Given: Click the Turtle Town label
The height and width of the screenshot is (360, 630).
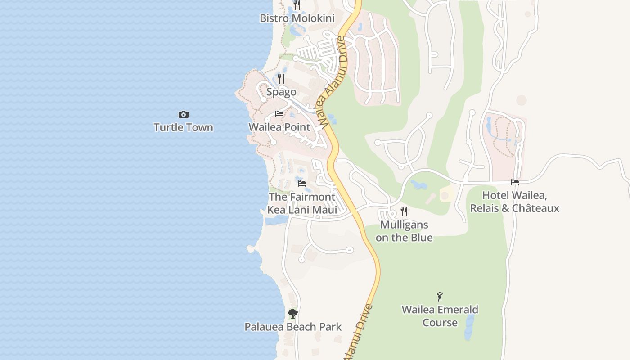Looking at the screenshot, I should pos(183,127).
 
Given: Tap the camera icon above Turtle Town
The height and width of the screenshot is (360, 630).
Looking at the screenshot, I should pos(183,115).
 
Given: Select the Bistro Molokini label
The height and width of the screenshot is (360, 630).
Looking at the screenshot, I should pos(297,18).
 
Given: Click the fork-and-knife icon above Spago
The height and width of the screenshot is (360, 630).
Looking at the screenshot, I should pos(281,79).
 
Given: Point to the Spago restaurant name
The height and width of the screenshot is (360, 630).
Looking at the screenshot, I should pos(281,92).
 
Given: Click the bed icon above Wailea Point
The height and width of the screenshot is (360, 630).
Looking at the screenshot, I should pos(279,114).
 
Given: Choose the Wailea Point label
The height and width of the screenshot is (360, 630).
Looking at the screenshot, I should pos(279,127).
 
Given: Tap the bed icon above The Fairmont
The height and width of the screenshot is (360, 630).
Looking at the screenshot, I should pos(302,184).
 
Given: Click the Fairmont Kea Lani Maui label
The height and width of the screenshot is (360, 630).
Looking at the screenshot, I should pos(302,203).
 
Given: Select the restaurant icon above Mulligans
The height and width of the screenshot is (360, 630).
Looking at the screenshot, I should pos(404,211).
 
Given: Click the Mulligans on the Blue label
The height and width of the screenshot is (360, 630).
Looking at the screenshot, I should pos(404,231).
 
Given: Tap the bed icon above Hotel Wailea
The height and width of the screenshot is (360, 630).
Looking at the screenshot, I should pos(515,182).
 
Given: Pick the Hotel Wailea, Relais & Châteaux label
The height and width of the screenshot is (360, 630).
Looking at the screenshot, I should pos(515,202).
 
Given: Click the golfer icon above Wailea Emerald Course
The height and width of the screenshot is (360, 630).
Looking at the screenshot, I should pos(440,297).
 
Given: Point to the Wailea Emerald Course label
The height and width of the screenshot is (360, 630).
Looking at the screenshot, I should pos(440,316).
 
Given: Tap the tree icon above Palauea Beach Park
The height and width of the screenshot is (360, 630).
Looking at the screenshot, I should pos(293,314).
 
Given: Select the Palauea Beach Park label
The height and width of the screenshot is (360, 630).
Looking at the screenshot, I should pos(293,327).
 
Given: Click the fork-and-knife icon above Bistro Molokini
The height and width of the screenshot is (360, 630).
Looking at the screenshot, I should pos(297,4).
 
